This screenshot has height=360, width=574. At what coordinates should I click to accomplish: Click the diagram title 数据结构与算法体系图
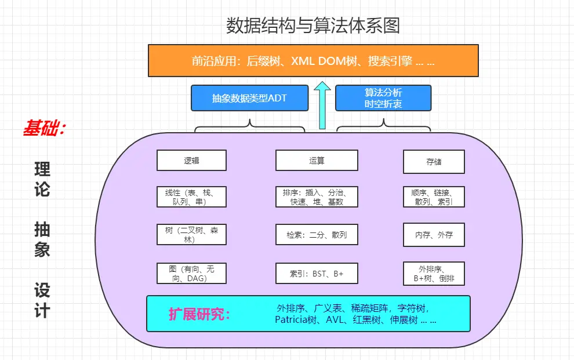(x=313, y=26)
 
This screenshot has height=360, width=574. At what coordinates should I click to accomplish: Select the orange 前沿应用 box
(x=313, y=61)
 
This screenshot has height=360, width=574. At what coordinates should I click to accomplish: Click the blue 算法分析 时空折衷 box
(x=383, y=98)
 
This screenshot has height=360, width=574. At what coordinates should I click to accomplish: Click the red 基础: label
(x=45, y=129)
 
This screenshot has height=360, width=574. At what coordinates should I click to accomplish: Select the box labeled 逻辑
(x=191, y=161)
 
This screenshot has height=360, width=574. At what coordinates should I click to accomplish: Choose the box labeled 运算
(x=317, y=161)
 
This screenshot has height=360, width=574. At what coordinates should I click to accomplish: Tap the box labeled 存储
(x=434, y=162)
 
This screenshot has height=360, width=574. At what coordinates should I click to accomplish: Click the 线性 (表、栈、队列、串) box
(x=191, y=197)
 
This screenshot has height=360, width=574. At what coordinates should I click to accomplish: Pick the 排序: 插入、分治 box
(x=317, y=197)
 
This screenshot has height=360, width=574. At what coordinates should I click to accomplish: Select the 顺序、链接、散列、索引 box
(x=434, y=197)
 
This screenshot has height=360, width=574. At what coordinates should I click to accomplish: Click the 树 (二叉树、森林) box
(x=191, y=235)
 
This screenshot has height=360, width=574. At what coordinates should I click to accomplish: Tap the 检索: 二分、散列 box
(x=317, y=235)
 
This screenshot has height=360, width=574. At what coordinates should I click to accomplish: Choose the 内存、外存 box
(x=434, y=235)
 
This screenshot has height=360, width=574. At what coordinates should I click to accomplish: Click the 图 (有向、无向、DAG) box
(x=191, y=273)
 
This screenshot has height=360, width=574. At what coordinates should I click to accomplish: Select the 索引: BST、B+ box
(x=317, y=273)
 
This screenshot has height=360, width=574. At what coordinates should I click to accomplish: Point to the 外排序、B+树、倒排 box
(x=434, y=274)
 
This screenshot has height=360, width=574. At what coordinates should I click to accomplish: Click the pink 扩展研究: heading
(x=199, y=315)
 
